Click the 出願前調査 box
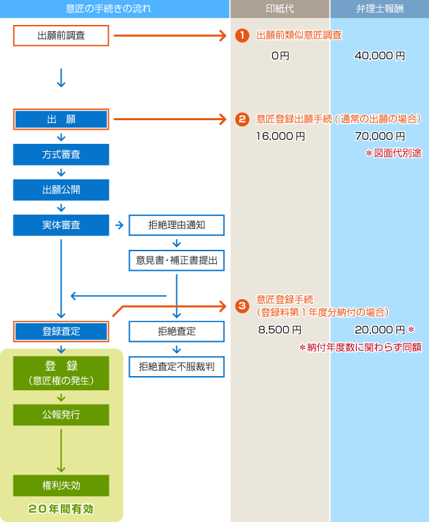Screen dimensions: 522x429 (x=61, y=35)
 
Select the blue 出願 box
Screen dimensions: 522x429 (x=61, y=120)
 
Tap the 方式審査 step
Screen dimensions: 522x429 (x=61, y=155)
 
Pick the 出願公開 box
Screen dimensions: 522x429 (x=61, y=190)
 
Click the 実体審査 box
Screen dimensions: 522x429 (x=61, y=225)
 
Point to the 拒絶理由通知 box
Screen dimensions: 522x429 (x=176, y=225)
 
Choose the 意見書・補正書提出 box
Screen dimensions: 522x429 (x=176, y=260)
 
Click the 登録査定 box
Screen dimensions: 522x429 (x=61, y=331)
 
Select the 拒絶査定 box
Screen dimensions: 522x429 (x=176, y=331)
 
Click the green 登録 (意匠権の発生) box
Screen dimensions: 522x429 (x=61, y=373)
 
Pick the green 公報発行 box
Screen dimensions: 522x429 (x=61, y=415)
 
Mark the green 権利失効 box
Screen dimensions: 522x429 (x=61, y=485)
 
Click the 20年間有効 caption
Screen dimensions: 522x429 (x=61, y=508)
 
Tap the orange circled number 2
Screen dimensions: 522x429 (x=242, y=120)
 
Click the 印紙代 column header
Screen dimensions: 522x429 (x=280, y=9)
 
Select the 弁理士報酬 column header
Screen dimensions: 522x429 (x=379, y=9)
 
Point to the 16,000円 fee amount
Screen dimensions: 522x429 (x=280, y=136)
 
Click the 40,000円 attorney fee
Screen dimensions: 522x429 (x=379, y=56)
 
